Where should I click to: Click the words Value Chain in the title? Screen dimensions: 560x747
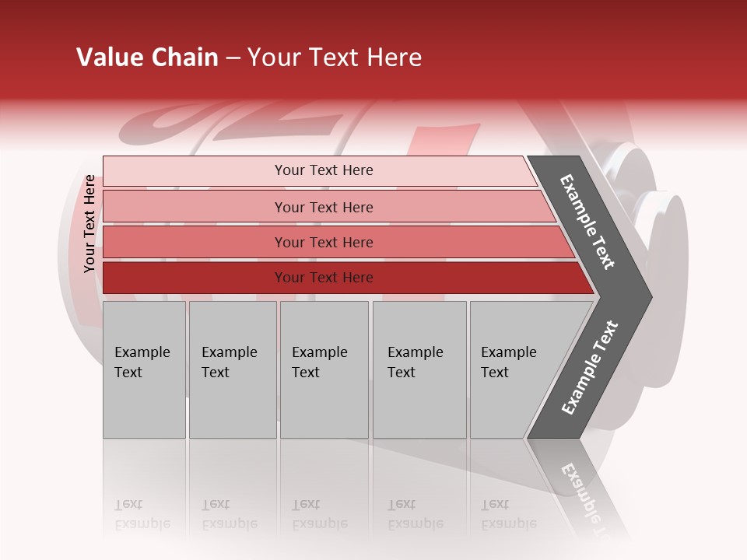[x=147, y=58]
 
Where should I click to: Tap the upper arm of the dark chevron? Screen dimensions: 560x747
[x=587, y=222]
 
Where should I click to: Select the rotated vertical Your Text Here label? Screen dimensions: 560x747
[x=89, y=223]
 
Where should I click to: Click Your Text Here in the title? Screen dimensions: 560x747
[x=335, y=58]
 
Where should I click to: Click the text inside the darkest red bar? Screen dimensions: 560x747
[x=324, y=278]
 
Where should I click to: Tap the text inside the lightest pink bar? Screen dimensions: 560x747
[x=324, y=170]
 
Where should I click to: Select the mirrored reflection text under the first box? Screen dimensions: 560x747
[x=142, y=515]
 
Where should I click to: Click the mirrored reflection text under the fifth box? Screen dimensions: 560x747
[x=508, y=515]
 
